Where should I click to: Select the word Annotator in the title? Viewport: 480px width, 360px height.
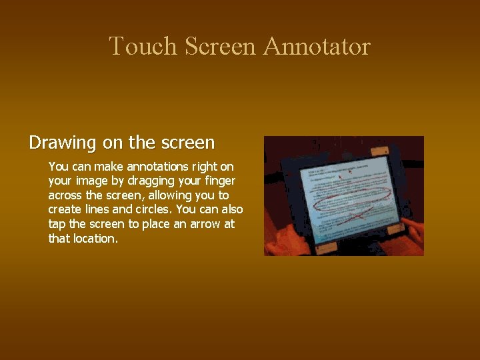[x=317, y=47]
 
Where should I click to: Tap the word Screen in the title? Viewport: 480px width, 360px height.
[x=220, y=47]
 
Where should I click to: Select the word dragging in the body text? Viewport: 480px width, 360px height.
[x=151, y=181]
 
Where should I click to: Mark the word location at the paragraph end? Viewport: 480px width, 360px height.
[x=95, y=239]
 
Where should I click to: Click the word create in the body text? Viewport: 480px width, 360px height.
[x=65, y=210]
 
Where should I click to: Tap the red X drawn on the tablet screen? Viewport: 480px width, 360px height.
[x=359, y=213]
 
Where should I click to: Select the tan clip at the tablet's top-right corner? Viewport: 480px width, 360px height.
[x=380, y=151]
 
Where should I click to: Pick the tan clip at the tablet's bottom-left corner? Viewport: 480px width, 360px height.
[x=326, y=247]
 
